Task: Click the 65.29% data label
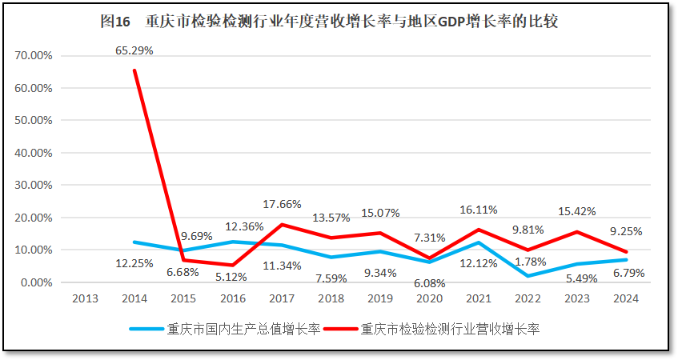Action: pyautogui.click(x=134, y=50)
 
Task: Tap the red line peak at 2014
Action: pyautogui.click(x=134, y=70)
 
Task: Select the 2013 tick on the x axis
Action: pyautogui.click(x=86, y=299)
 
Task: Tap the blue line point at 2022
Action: pyautogui.click(x=528, y=276)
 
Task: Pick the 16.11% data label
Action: pyautogui.click(x=478, y=210)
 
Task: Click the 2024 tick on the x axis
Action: pyautogui.click(x=626, y=299)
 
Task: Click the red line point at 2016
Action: pyautogui.click(x=233, y=265)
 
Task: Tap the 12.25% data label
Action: pyautogui.click(x=134, y=262)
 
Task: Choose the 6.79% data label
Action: pyautogui.click(x=627, y=273)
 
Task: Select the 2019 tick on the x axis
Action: pyautogui.click(x=380, y=299)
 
